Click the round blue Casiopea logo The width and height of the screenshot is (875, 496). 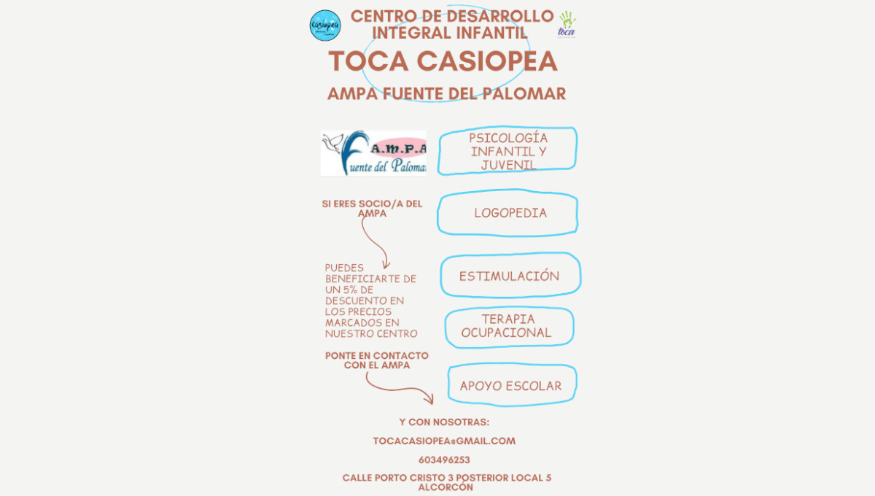324,26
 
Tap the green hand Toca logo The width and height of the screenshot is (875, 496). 566,24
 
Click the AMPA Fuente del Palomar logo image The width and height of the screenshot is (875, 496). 373,153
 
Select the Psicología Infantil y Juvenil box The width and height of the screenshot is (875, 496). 507,152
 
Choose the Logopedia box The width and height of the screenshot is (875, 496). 509,214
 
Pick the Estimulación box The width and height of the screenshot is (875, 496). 510,276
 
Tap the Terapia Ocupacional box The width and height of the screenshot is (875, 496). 508,326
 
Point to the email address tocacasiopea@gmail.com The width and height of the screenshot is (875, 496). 444,441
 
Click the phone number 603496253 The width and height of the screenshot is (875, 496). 444,460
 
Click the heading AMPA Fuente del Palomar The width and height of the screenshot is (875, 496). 446,94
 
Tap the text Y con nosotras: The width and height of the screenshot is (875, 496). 444,422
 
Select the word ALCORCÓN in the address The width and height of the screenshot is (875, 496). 445,487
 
